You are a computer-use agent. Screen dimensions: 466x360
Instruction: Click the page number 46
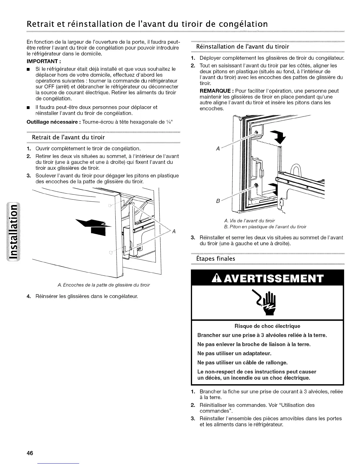(x=29, y=453)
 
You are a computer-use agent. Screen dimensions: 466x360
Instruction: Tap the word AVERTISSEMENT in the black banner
(x=272, y=278)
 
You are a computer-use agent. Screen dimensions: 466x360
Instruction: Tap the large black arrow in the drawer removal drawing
(x=92, y=225)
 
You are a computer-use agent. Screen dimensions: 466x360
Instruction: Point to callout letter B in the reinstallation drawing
(x=218, y=201)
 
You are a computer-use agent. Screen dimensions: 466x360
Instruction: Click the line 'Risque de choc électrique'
(x=267, y=326)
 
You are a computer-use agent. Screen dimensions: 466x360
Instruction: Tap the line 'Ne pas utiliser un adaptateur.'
(x=234, y=353)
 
